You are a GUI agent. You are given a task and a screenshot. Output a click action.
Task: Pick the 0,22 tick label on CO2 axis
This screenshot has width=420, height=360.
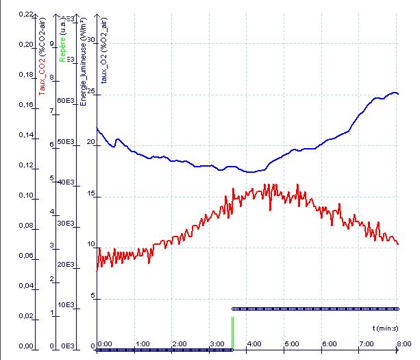coord(25,14)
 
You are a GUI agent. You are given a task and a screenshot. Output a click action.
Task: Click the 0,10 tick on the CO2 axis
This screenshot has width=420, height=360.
coord(25,195)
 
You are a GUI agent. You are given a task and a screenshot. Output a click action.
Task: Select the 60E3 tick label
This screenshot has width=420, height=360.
coord(64,101)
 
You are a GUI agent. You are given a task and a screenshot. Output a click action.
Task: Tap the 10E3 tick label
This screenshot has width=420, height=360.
coord(64,304)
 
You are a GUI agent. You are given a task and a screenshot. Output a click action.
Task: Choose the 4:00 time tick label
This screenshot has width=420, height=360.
coord(253,344)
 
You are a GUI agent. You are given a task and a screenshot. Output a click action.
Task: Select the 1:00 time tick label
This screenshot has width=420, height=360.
coord(143,344)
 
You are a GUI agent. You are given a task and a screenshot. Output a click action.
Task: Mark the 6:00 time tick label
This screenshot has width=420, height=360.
coord(329,344)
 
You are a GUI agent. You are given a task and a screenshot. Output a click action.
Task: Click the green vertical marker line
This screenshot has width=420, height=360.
coord(232,333)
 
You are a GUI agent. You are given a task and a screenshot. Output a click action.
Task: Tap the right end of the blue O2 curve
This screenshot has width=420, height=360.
coord(398,94)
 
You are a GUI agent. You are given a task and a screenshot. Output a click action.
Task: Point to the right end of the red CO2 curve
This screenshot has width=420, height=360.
coord(398,244)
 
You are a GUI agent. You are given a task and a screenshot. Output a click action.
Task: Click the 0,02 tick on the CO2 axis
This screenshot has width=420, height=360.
coord(25,316)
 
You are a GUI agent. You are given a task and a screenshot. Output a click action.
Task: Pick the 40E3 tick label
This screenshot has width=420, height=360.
coord(64,182)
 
